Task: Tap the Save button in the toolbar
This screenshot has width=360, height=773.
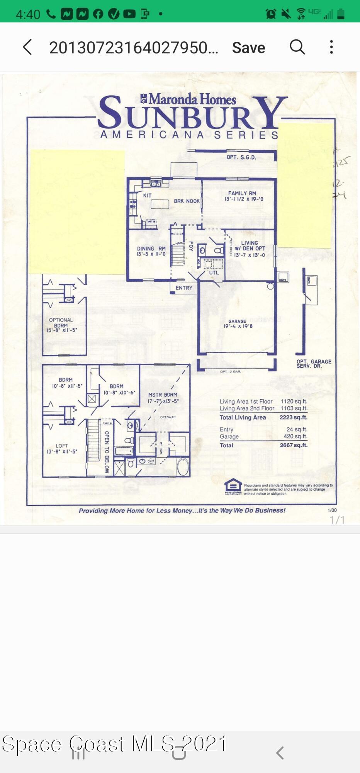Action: click(248, 48)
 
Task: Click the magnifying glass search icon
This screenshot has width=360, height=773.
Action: click(297, 47)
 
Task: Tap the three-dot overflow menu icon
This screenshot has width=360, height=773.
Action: click(331, 47)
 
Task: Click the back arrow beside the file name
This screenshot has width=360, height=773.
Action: click(27, 47)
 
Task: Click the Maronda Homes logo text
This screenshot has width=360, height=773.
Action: click(188, 99)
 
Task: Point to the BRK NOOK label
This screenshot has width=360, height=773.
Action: click(187, 201)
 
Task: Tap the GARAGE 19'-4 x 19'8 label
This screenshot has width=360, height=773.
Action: click(238, 324)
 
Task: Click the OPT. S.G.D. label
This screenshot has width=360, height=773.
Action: click(241, 157)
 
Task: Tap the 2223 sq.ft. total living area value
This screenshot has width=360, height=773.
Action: click(293, 417)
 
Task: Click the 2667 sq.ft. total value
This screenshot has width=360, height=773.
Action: click(293, 445)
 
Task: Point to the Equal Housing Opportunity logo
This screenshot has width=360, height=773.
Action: click(233, 486)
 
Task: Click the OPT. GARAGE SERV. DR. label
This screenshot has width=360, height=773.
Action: click(314, 363)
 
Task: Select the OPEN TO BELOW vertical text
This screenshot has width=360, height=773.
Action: click(107, 451)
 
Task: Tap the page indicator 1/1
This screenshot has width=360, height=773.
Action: click(336, 520)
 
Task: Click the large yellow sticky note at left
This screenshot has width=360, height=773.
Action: click(77, 212)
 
